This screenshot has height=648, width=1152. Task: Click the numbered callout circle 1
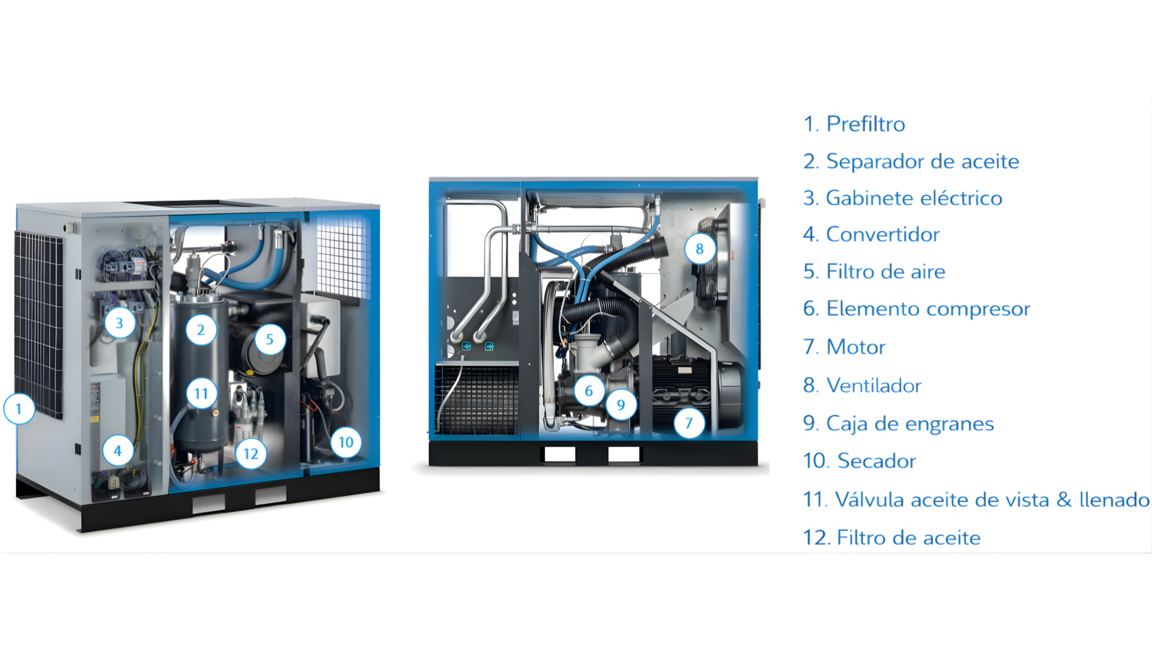pos(19,409)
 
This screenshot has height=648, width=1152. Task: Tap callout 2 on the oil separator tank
pos(201,329)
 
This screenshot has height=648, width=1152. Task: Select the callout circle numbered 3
pos(119,323)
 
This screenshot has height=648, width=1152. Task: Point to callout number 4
pos(118,451)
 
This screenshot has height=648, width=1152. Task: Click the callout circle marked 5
pos(269,339)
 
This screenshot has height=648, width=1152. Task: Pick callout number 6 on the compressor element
pos(589,391)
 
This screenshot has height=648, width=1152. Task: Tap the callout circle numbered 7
pos(689,423)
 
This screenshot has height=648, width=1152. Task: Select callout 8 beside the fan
pos(700,248)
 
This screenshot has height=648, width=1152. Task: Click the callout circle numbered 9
pos(621,405)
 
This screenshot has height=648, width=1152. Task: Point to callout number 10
pos(346,442)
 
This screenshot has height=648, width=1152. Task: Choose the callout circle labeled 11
pos(201,394)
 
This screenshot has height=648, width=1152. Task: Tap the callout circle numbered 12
pos(251,454)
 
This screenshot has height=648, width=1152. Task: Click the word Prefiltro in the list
pos(865,124)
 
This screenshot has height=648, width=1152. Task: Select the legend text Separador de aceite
pos(922,161)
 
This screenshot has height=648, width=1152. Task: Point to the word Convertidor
pos(883,234)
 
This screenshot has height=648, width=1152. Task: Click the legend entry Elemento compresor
pos(928,309)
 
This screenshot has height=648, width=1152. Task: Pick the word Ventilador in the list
pos(874,385)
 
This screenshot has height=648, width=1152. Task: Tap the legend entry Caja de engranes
pos(910,424)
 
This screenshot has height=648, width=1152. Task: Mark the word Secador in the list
pos(877,461)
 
